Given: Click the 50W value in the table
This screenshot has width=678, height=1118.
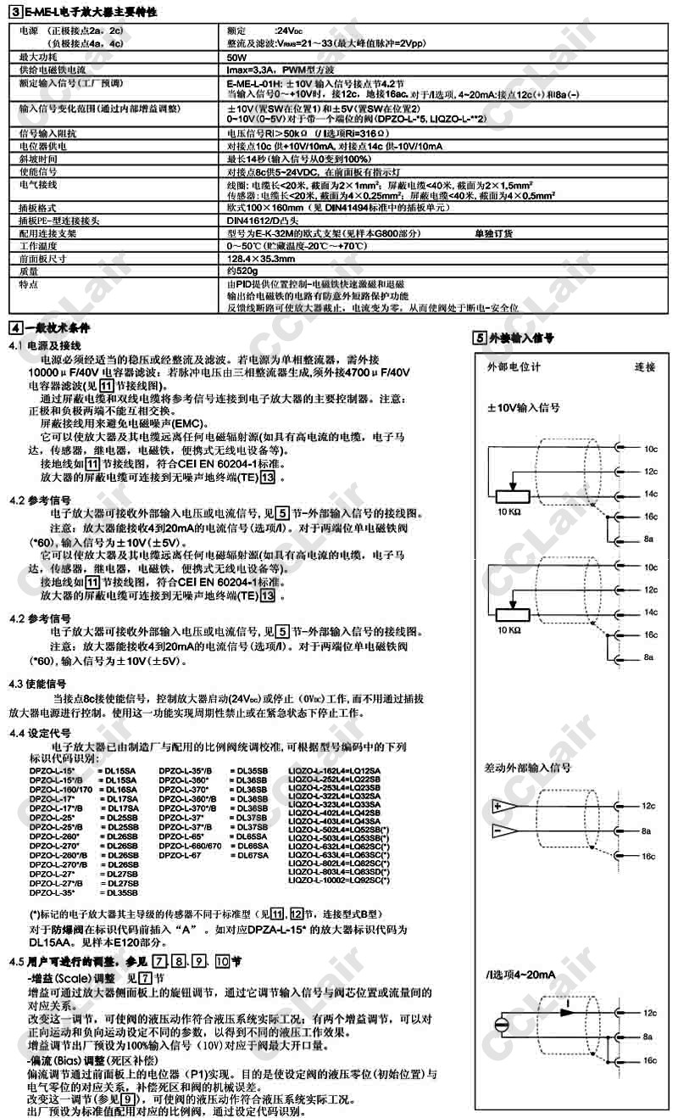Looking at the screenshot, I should [x=237, y=57].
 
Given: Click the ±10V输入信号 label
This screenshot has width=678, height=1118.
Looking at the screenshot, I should [x=523, y=407].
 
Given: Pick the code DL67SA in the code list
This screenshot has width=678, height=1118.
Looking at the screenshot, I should [x=252, y=856].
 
